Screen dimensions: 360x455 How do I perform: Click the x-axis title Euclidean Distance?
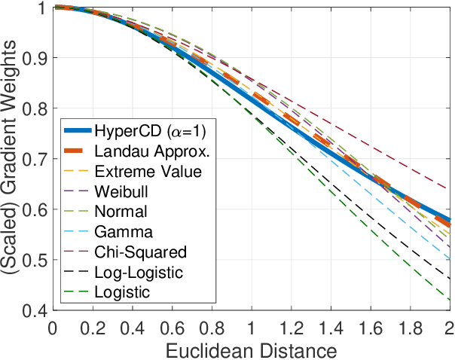pyautogui.click(x=251, y=349)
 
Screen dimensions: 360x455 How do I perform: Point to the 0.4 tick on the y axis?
pyautogui.click(x=35, y=310)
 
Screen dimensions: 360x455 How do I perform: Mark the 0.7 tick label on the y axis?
pyautogui.click(x=35, y=159)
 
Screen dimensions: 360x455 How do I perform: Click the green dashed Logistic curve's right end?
pyautogui.click(x=450, y=300)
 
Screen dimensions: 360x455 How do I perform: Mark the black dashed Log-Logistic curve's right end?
pyautogui.click(x=450, y=279)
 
